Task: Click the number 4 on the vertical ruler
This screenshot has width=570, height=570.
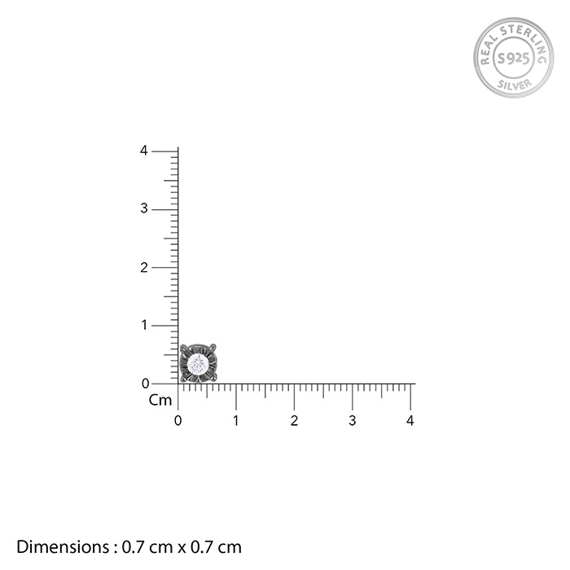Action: pyautogui.click(x=144, y=151)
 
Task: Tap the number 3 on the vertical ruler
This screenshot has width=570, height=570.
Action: pyautogui.click(x=144, y=209)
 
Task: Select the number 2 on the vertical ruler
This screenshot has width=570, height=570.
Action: pyautogui.click(x=144, y=267)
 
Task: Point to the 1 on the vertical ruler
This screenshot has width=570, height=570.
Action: pyautogui.click(x=144, y=325)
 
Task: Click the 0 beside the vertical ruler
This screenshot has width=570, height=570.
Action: pyautogui.click(x=145, y=384)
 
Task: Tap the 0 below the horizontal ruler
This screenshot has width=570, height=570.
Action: pyautogui.click(x=178, y=421)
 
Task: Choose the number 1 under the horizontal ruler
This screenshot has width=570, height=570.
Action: pyautogui.click(x=236, y=421)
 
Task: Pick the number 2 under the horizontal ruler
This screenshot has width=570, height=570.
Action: pyautogui.click(x=294, y=421)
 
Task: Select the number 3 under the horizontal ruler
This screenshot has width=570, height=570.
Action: pyautogui.click(x=353, y=421)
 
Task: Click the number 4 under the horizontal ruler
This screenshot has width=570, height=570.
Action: pyautogui.click(x=410, y=421)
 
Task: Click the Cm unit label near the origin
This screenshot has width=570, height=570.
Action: pyautogui.click(x=160, y=401)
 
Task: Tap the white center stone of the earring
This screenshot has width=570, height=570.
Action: pyautogui.click(x=198, y=363)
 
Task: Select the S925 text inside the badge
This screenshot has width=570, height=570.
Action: pyautogui.click(x=513, y=58)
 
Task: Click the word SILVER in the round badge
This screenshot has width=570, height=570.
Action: pyautogui.click(x=513, y=82)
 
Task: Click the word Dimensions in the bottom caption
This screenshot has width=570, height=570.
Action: pyautogui.click(x=59, y=547)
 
